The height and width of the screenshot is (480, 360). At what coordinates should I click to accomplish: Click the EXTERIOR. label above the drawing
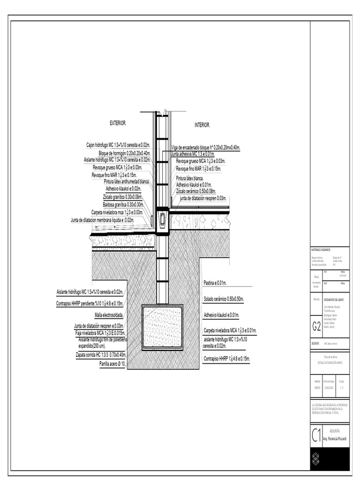(118, 123)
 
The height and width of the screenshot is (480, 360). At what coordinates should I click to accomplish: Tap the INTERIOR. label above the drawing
(202, 125)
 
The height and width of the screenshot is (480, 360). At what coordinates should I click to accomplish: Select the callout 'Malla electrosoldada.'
(109, 315)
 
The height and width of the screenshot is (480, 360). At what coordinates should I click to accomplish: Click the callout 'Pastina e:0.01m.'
(215, 283)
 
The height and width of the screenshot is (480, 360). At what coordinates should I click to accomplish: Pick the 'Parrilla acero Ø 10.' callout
(112, 363)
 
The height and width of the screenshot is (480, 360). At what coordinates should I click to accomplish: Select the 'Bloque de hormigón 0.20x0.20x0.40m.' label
(124, 153)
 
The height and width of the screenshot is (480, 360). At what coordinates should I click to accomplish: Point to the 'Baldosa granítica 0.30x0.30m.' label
(123, 204)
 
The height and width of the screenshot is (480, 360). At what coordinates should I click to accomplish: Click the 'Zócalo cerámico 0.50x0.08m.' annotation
(196, 191)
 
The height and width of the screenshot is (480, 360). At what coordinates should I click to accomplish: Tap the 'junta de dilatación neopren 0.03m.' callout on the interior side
(203, 198)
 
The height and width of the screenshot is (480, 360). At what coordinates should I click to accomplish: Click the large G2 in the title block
(317, 329)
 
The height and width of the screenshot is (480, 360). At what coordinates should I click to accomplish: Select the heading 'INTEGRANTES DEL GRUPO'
(335, 298)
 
